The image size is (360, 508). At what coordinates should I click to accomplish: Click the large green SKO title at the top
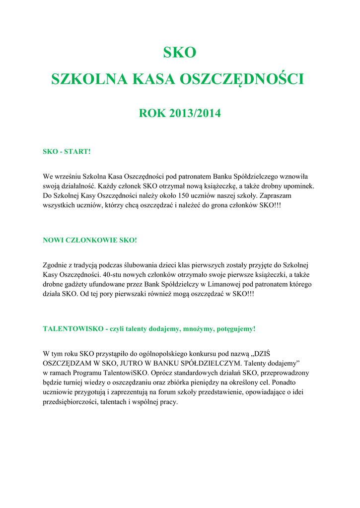tap(180, 52)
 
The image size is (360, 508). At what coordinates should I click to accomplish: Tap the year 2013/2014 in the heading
tap(195, 113)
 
